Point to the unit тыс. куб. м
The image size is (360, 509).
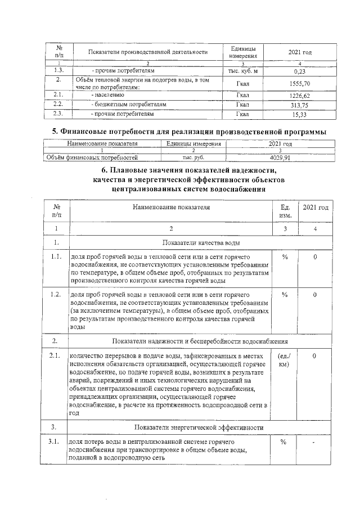pyautogui.click(x=243, y=71)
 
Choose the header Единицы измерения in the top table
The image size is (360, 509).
pyautogui.click(x=243, y=52)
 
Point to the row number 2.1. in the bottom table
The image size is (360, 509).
pyautogui.click(x=55, y=356)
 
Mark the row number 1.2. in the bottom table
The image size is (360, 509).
pyautogui.click(x=55, y=294)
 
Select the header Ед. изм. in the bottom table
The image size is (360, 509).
pyautogui.click(x=285, y=211)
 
